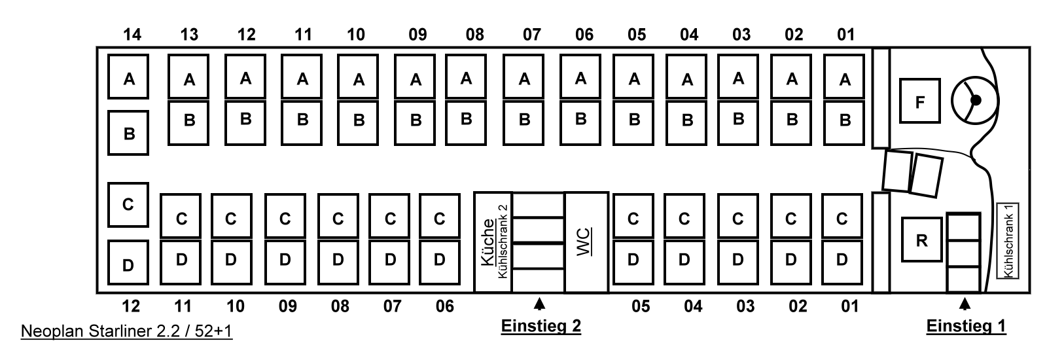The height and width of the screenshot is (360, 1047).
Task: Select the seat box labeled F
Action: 919,101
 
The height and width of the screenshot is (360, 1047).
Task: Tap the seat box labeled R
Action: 921,240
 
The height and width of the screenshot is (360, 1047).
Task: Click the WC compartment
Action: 586,242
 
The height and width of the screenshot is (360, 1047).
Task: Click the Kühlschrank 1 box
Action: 1008,240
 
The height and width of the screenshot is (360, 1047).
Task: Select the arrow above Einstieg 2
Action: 539,304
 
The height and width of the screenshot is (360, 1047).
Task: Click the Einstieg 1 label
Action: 966,325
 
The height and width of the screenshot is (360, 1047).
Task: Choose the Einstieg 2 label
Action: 541,325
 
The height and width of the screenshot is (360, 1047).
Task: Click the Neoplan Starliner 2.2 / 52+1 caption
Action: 126,332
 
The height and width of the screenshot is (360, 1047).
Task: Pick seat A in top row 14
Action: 129,78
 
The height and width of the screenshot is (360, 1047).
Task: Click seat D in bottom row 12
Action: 128,264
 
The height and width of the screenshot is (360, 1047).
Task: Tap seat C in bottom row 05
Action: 633,218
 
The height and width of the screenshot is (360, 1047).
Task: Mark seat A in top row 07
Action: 524,79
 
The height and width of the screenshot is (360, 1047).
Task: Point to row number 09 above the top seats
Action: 417,34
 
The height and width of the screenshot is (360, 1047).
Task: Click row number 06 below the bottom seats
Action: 444,306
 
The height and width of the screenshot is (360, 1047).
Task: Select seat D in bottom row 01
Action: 842,259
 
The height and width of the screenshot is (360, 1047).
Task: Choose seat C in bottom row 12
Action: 128,204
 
